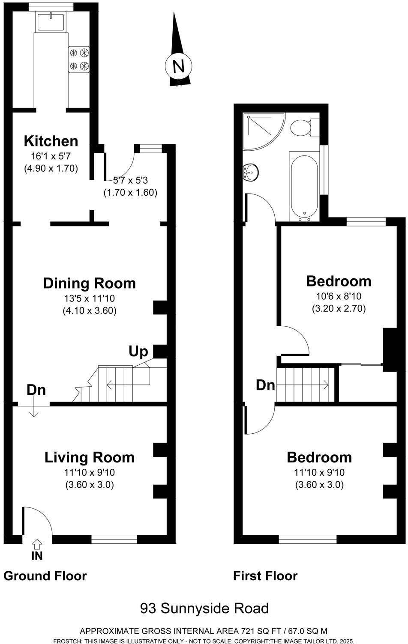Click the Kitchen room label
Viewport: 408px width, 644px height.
click(51, 141)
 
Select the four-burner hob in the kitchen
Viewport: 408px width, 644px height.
click(79, 59)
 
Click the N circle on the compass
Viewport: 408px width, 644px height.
click(178, 66)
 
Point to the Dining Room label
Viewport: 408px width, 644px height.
click(90, 283)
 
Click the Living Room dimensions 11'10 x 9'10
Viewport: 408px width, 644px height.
click(90, 472)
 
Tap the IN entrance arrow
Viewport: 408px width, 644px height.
click(37, 545)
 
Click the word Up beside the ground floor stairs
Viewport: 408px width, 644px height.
click(138, 352)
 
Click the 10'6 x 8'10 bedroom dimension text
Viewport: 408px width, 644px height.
click(339, 296)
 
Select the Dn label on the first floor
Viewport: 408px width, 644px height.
click(265, 385)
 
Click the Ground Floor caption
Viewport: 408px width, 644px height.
click(45, 576)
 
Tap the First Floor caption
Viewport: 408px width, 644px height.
click(265, 576)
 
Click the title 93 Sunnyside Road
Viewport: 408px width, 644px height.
click(204, 608)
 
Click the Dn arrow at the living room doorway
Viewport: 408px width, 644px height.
click(33, 410)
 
